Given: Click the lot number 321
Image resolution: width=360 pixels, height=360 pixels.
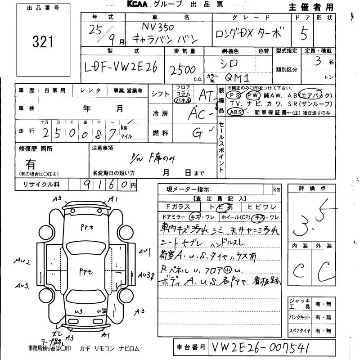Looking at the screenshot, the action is [x=43, y=42].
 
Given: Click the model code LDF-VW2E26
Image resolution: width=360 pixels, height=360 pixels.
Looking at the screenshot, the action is [x=121, y=68].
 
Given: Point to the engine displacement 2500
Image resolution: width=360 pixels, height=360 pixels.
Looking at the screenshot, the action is [x=182, y=70].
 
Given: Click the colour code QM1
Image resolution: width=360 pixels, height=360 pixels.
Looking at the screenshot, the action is [x=237, y=76].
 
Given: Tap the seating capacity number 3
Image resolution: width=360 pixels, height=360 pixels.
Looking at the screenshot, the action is [x=318, y=61].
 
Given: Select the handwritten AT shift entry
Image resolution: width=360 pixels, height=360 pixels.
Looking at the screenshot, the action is [x=206, y=94].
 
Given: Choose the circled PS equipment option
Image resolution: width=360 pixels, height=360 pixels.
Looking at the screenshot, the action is [x=234, y=95].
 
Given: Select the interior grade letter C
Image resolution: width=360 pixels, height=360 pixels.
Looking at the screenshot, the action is [x=298, y=270].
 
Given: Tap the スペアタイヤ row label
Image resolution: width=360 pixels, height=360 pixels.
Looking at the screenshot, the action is [x=300, y=331].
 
